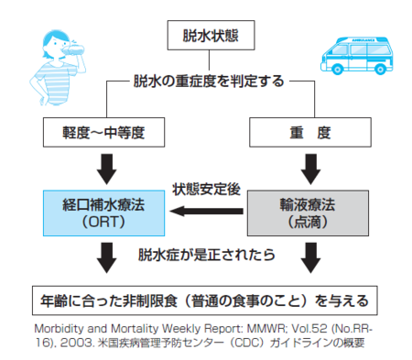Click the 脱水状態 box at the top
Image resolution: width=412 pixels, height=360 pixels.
[x=211, y=35]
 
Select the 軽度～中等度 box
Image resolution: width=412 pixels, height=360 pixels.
[x=103, y=132]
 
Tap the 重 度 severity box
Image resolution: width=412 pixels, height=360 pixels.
[x=310, y=132]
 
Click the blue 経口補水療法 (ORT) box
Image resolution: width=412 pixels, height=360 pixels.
[x=103, y=213]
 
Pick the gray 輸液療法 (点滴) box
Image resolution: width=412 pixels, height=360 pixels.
[x=308, y=213]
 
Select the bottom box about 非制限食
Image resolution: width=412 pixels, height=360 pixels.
[x=205, y=300]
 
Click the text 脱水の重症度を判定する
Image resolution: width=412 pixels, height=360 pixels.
[x=209, y=82]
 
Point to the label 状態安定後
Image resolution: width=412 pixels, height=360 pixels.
[x=206, y=190]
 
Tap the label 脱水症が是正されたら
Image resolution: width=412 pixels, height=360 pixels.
[x=207, y=255]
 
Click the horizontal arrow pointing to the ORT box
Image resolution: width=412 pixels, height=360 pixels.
[x=206, y=211]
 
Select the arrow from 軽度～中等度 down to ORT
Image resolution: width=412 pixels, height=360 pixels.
[x=106, y=169]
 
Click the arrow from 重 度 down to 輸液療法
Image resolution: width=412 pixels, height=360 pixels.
[x=310, y=169]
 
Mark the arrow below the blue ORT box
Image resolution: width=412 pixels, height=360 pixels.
[x=106, y=257]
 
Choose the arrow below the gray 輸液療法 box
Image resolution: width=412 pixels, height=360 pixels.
[x=310, y=257]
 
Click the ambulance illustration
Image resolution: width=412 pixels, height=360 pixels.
[x=357, y=56]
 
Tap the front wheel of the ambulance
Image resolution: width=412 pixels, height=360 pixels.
[x=337, y=69]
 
